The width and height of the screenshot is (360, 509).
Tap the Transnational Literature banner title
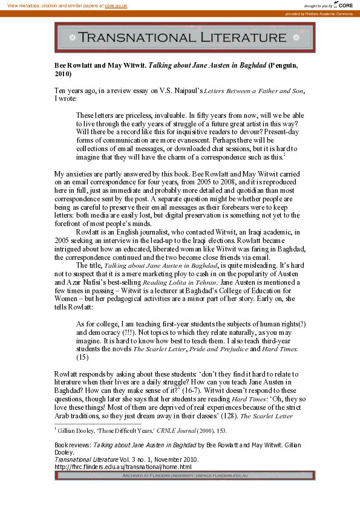point(185,37)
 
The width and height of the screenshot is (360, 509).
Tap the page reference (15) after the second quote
point(83,357)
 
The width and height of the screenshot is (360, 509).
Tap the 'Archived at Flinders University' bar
point(185,476)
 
